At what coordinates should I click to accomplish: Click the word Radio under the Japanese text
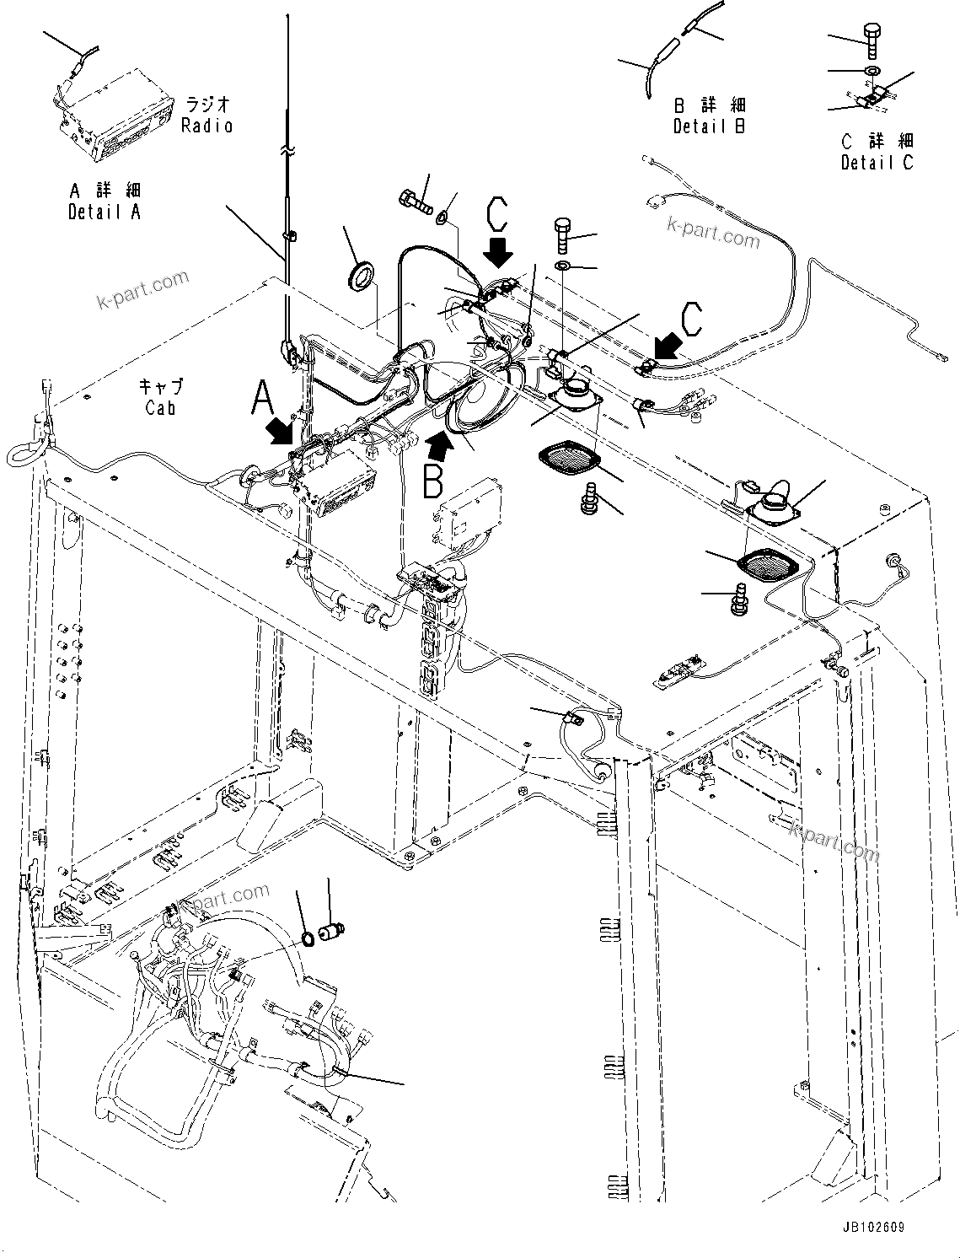tap(206, 126)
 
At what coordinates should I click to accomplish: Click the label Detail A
tap(104, 212)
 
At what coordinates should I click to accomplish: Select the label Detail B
tap(709, 126)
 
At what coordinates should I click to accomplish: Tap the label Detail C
tap(877, 162)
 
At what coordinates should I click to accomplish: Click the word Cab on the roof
tap(160, 407)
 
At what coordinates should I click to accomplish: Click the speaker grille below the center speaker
tap(568, 460)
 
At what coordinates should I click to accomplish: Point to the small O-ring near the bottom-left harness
tap(309, 938)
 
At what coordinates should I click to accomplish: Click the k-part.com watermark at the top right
tap(712, 233)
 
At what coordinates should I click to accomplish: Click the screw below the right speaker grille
tap(742, 598)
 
